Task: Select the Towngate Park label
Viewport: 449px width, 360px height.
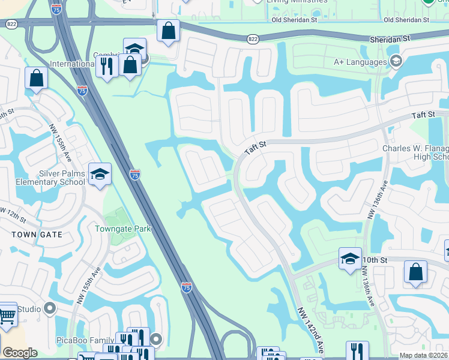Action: [122, 229]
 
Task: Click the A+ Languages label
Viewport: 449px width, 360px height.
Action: [360, 62]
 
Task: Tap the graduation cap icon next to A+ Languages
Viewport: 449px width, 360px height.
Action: [396, 61]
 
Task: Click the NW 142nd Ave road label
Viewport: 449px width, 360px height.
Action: [310, 329]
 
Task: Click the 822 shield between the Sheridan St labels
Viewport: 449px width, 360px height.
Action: [252, 38]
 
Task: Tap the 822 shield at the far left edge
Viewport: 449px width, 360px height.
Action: [11, 24]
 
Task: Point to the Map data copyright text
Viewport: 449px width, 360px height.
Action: [423, 355]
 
